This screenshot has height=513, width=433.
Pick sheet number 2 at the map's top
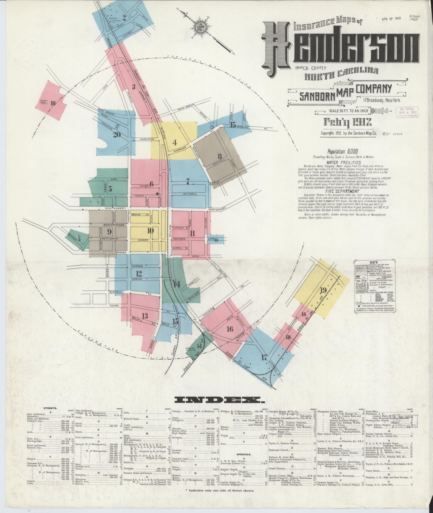point(124,18)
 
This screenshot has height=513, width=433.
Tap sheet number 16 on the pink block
point(230,329)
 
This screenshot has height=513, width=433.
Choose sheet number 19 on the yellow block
point(323,290)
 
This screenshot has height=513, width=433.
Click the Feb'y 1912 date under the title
point(348,122)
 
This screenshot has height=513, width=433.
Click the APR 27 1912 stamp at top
point(391,18)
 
